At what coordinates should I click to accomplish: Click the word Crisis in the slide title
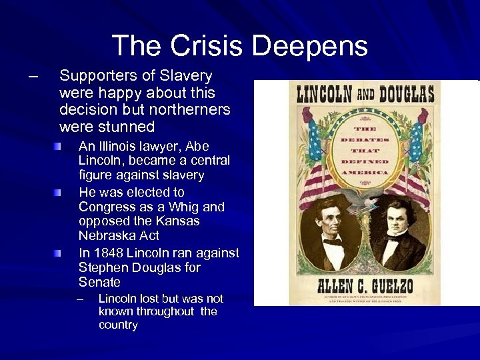click(207, 46)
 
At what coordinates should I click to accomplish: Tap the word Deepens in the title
click(310, 47)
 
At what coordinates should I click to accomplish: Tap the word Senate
click(99, 283)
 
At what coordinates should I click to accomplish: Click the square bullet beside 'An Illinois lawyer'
click(59, 145)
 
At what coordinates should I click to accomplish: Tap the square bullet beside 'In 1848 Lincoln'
click(59, 253)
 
